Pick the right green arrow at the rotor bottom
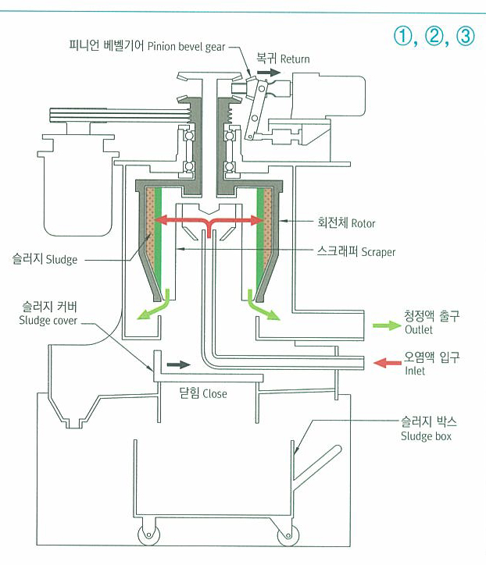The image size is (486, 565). (x=265, y=311)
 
